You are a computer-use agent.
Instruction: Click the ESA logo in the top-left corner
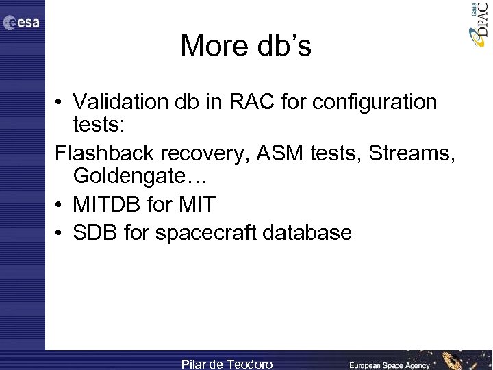22,23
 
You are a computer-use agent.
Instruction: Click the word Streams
410,154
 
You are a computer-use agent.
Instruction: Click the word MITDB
107,203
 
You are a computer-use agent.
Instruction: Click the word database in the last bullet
312,232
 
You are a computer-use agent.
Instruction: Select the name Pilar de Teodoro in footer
227,364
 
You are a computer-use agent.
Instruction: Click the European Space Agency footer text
389,365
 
